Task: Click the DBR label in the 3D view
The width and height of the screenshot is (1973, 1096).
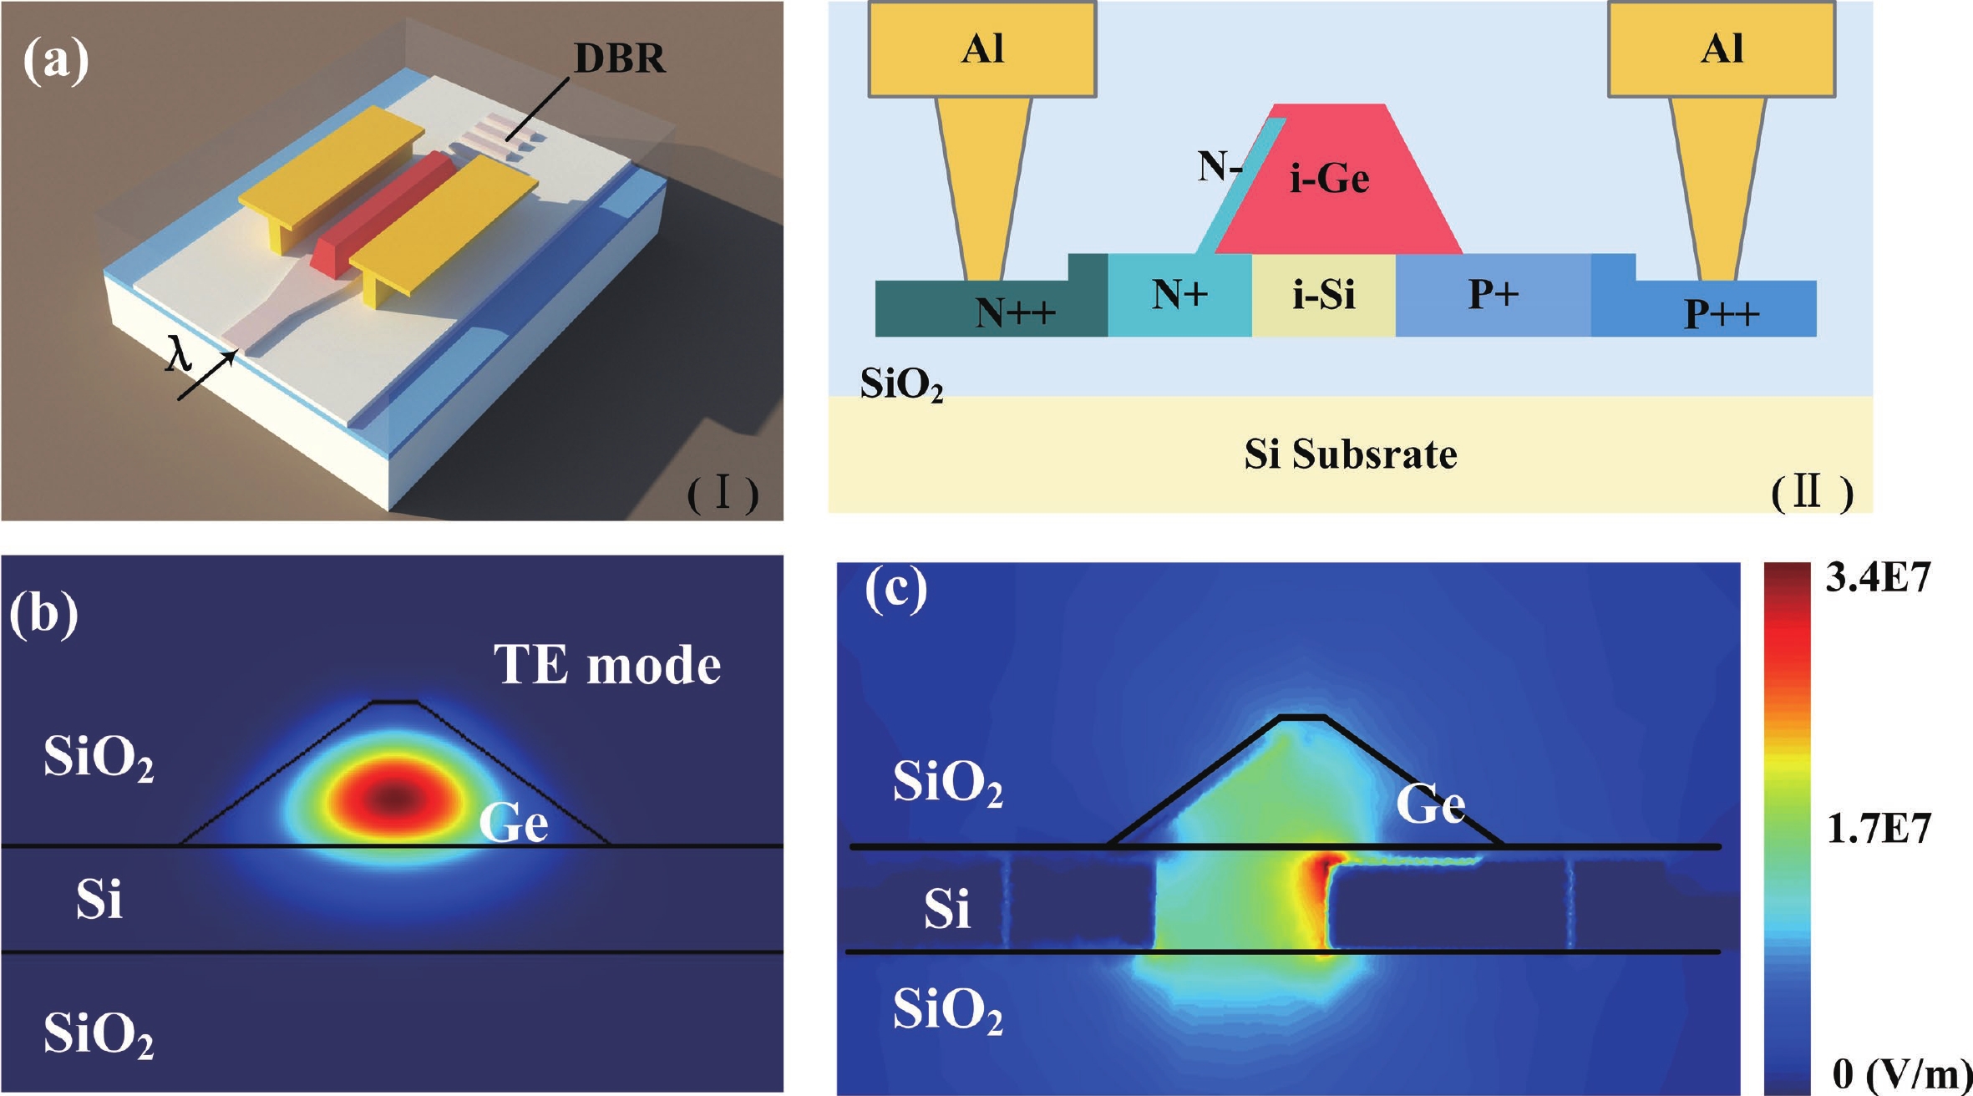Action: coord(620,58)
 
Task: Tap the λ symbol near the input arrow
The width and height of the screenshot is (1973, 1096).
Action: coord(179,353)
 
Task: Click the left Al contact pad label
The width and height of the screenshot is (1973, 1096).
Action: coord(982,48)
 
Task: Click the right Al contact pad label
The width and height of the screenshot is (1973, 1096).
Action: coord(1722,48)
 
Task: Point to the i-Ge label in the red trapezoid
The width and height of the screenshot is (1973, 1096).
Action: coord(1329,179)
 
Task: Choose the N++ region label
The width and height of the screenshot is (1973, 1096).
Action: coord(1015,312)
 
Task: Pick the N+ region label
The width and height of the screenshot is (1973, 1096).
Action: coord(1179,294)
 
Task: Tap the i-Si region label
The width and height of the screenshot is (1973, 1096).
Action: coord(1323,294)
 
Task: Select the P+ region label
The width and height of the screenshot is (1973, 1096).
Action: coord(1494,294)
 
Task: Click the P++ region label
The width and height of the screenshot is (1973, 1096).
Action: coord(1722,313)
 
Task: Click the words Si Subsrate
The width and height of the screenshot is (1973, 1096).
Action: coord(1351,454)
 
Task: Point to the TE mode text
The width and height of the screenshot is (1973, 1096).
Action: coord(607,665)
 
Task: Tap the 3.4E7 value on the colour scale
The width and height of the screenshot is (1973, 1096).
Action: coord(1878,578)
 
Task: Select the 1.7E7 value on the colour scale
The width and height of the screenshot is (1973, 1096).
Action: coord(1878,829)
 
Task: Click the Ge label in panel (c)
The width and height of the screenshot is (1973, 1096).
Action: coord(1430,804)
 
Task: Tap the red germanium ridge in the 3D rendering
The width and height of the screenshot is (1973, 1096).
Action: coord(384,213)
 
